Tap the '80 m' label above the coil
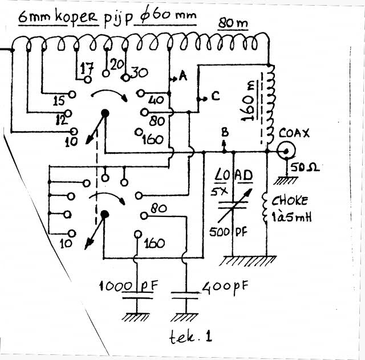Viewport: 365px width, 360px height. coord(234,24)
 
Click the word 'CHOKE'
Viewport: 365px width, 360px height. coord(289,201)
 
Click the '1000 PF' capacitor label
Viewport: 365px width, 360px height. coord(129,285)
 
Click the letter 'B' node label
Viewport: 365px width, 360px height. coord(225,132)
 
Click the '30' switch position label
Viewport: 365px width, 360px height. coord(140,73)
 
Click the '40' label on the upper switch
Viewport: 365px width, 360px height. coord(155,101)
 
